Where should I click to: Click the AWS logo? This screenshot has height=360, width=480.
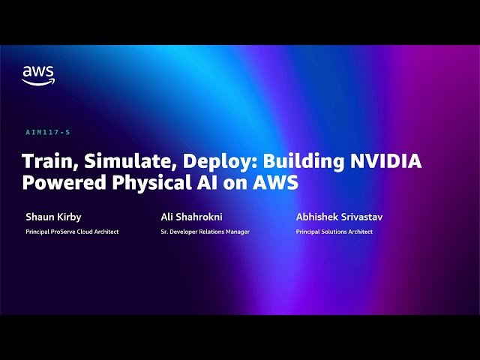click(x=37, y=75)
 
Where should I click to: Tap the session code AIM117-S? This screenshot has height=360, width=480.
click(x=47, y=132)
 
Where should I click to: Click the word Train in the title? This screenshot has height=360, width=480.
click(x=45, y=161)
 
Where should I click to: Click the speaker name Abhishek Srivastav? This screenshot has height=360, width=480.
click(x=340, y=217)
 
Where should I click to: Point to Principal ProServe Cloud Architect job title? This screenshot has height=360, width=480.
click(x=72, y=232)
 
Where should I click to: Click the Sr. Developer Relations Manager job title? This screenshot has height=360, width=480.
click(x=205, y=232)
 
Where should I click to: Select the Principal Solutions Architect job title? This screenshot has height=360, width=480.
click(x=334, y=232)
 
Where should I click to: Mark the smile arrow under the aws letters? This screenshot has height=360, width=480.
click(x=37, y=82)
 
